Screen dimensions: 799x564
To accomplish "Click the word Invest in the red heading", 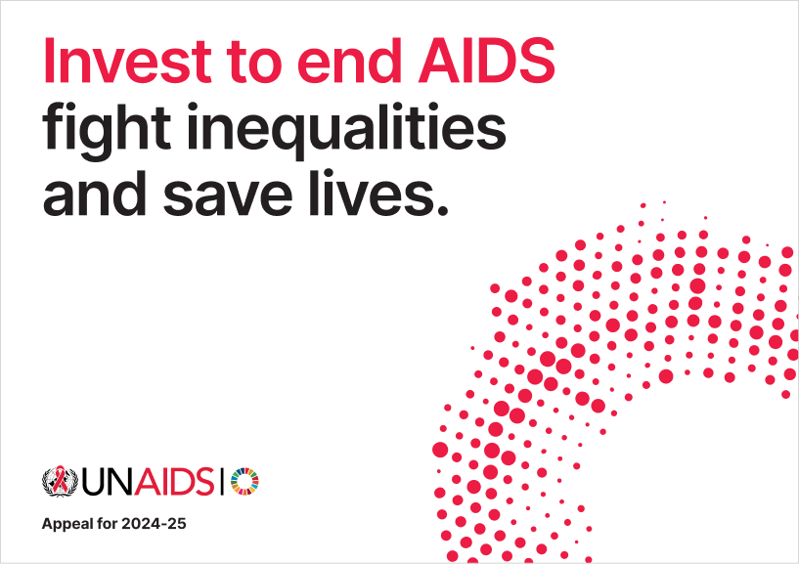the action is pyautogui.click(x=127, y=62).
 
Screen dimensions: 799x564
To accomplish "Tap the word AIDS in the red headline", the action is pyautogui.click(x=487, y=62).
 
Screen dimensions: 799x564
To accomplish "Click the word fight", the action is pyautogui.click(x=107, y=130).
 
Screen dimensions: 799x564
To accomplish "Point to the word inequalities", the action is pyautogui.click(x=346, y=130).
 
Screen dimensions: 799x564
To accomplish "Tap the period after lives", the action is pyautogui.click(x=442, y=210).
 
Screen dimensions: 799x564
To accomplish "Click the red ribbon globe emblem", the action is pyautogui.click(x=60, y=481).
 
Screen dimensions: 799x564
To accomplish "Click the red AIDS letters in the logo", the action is pyautogui.click(x=174, y=482).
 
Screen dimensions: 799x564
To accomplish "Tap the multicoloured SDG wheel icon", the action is pyautogui.click(x=244, y=482).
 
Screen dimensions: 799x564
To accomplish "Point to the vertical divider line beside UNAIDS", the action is pyautogui.click(x=222, y=482).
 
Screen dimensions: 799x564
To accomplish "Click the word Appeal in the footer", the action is pyautogui.click(x=67, y=524).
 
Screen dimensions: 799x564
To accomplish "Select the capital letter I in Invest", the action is pyautogui.click(x=49, y=62).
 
